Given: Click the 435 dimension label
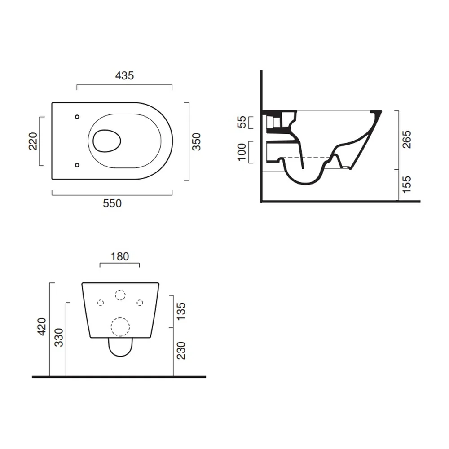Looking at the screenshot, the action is (x=124, y=75).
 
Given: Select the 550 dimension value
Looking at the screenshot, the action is (x=112, y=203).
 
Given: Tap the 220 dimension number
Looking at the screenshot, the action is (x=33, y=141).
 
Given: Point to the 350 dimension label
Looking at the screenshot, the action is (x=197, y=142).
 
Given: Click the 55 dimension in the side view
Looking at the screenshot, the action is (x=242, y=122).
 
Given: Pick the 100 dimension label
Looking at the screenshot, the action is (x=242, y=152).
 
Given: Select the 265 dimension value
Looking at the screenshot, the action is (x=407, y=140).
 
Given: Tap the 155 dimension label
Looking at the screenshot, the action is (x=407, y=185).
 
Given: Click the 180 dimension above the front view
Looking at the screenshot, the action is (x=120, y=256).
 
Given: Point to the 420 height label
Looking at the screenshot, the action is (x=42, y=326).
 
